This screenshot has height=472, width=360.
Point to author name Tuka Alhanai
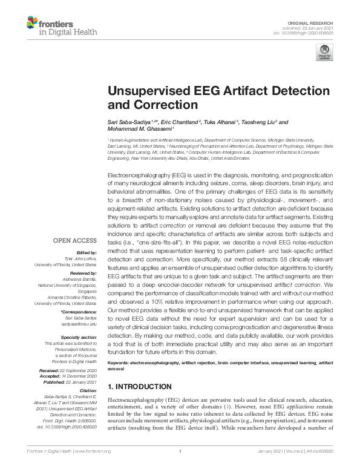221,122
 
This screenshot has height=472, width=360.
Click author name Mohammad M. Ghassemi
139,129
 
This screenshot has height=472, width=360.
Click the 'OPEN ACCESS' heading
76,240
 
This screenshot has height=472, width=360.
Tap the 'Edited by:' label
87,252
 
